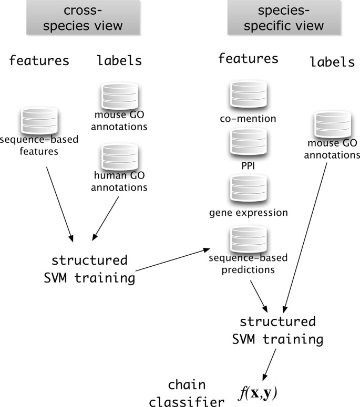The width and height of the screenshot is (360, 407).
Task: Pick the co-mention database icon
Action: coord(248,95)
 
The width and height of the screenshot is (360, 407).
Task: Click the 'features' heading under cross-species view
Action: coord(39,60)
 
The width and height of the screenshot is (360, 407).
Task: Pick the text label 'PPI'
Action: coord(248,162)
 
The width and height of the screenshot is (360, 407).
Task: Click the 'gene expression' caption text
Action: coord(248,213)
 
